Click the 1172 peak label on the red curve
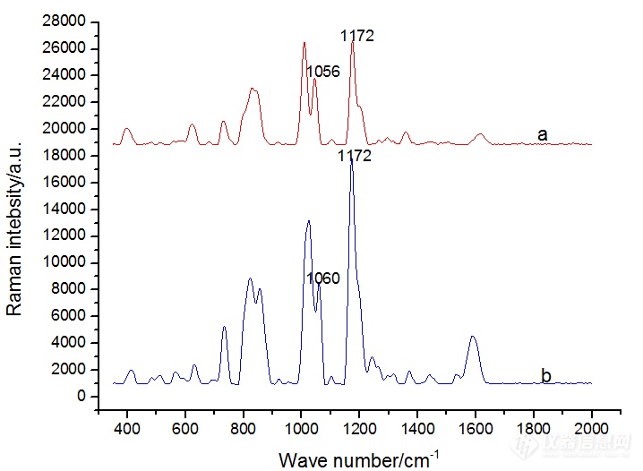pos(356,36)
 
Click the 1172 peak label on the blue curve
pos(354,157)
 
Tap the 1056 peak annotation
pos(322,71)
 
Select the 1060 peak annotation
pos(323,278)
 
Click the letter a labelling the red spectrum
pos(542,134)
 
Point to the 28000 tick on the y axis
pos(66,21)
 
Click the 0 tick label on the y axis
pos(81,396)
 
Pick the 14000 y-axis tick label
pos(66,209)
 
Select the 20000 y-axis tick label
pos(66,129)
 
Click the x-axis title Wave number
pos(358,459)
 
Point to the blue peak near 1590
pos(473,337)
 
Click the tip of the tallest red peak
pos(353,42)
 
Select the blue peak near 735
pos(225,327)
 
